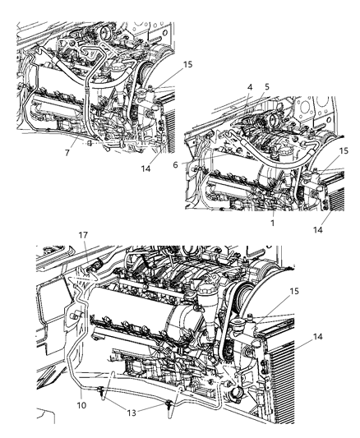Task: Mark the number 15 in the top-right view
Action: point(343,150)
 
